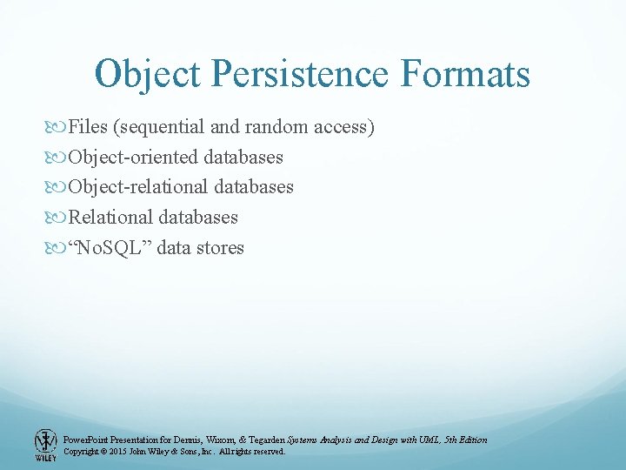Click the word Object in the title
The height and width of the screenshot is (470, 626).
tap(150, 74)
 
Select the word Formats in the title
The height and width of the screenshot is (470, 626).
tap(465, 74)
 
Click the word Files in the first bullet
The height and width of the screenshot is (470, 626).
tap(87, 127)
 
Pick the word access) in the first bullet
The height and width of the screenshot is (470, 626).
tap(343, 127)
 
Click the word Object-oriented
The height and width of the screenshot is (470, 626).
tap(134, 158)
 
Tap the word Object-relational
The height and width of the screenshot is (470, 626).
tap(138, 187)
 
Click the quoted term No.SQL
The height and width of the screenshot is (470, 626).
tap(112, 248)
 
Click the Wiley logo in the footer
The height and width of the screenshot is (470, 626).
tap(45, 445)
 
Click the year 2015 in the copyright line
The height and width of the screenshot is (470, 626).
tap(118, 452)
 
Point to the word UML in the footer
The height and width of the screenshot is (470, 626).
tap(429, 440)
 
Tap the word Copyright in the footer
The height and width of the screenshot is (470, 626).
tap(82, 452)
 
